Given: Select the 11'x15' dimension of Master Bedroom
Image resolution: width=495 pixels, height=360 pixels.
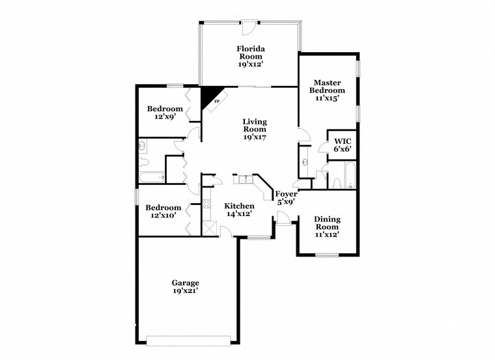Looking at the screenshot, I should [x=329, y=98].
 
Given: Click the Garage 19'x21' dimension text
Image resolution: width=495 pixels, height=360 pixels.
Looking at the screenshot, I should [x=185, y=291].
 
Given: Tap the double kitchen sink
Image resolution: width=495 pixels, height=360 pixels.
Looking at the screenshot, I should [x=243, y=180].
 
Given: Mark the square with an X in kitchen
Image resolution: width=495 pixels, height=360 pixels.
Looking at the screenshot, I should [x=210, y=228].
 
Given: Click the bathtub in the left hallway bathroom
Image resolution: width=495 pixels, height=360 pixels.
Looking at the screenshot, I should [x=150, y=177].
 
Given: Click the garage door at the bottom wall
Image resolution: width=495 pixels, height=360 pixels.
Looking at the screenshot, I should [x=188, y=339].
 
